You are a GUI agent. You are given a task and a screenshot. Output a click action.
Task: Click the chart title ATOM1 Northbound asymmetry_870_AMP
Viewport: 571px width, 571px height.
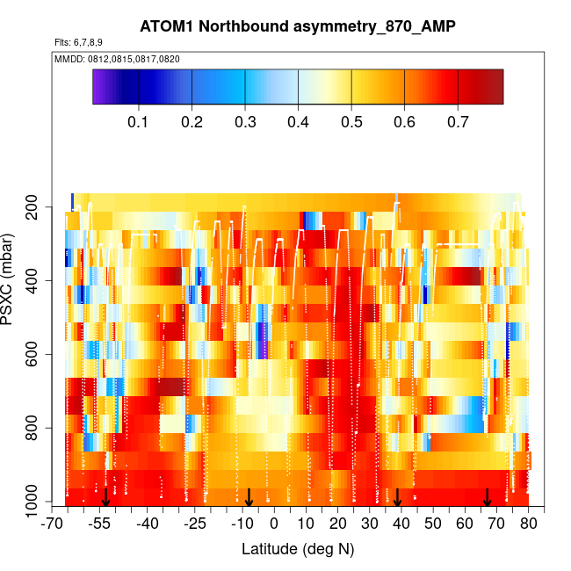point(298,26)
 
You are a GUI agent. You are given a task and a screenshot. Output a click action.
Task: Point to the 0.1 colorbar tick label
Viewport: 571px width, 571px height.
point(138,120)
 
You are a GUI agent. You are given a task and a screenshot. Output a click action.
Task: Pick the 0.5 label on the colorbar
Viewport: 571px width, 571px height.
point(351,120)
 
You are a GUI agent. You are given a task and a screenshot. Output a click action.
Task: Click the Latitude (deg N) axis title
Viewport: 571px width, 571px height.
point(298,549)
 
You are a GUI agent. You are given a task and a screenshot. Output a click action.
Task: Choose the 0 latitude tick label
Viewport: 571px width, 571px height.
point(274,524)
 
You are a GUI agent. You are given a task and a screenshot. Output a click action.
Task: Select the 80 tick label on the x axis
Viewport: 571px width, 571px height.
point(528,524)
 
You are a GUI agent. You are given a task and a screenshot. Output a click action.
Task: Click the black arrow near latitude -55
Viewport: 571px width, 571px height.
point(105,497)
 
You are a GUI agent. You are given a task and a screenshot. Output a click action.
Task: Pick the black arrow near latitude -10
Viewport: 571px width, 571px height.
point(249,497)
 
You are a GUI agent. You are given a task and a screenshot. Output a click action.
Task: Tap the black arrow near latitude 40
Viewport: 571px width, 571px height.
point(397,497)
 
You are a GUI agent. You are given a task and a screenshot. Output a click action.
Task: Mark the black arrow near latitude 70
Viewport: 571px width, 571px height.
point(488,497)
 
